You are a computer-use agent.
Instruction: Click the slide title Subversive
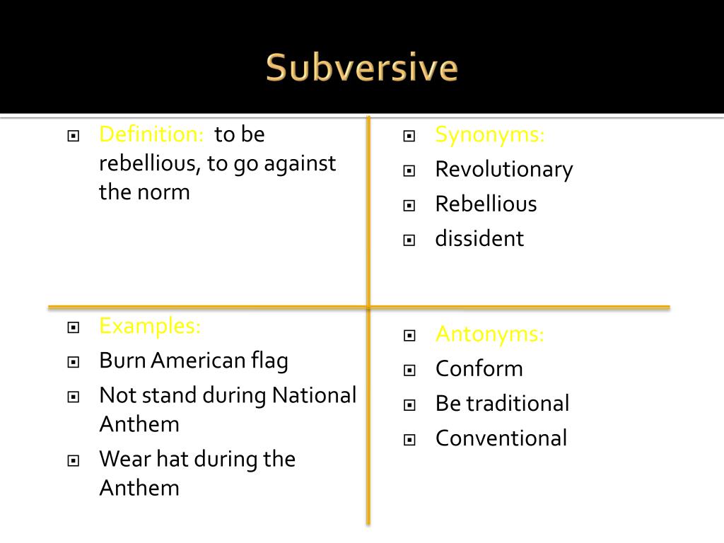click(362, 69)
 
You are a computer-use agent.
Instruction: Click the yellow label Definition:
click(151, 134)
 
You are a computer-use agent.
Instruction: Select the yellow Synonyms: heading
click(489, 134)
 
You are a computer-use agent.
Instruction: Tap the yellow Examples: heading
click(150, 326)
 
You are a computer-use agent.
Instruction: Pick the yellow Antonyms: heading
click(489, 334)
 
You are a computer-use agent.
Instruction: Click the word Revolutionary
click(503, 169)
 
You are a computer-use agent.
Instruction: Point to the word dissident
click(479, 238)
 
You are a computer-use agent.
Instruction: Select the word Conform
click(479, 368)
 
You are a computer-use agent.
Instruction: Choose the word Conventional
click(501, 438)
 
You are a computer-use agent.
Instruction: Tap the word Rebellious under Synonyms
click(486, 204)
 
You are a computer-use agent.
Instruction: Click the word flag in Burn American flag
click(269, 361)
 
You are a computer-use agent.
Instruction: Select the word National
click(314, 395)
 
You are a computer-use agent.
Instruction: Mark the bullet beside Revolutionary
click(409, 170)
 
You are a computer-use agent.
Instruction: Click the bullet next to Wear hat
click(73, 460)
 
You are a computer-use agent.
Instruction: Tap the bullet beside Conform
click(409, 370)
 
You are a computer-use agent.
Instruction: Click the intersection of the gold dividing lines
click(368, 307)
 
